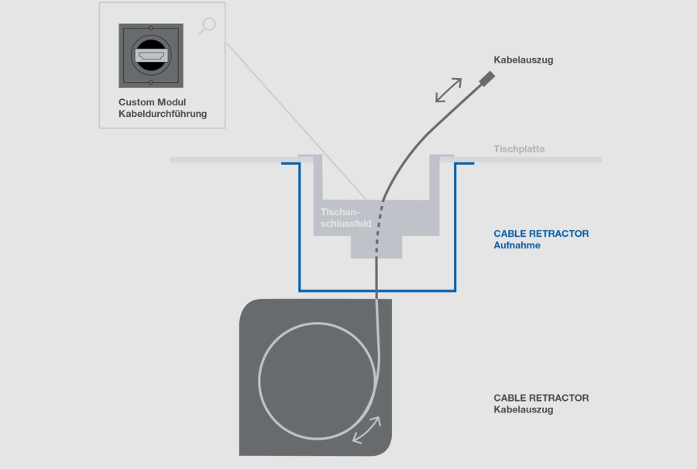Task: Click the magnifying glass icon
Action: tap(207, 26)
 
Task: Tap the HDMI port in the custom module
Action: tap(151, 56)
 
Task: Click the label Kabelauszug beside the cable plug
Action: tap(524, 60)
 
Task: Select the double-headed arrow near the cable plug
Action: tap(448, 90)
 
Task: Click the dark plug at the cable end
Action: tap(487, 78)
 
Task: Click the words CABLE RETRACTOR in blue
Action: tap(541, 233)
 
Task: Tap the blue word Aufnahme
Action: tap(517, 245)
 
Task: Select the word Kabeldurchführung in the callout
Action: tap(163, 115)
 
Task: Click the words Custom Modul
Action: tap(152, 102)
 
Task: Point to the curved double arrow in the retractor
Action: tap(366, 430)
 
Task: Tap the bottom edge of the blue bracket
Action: tap(377, 289)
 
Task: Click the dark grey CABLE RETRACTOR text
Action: tap(541, 398)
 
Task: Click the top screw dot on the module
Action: tap(151, 33)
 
